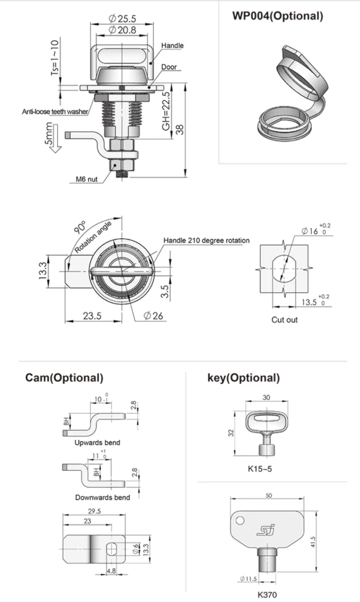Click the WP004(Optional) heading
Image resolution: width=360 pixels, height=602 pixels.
[278, 16]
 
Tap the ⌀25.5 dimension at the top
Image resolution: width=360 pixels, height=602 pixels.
[122, 18]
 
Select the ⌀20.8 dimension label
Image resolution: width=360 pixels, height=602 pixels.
[122, 29]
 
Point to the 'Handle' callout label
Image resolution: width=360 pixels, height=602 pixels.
[172, 45]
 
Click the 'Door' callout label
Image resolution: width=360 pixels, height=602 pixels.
[169, 67]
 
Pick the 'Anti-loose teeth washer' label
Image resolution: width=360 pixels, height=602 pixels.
[55, 112]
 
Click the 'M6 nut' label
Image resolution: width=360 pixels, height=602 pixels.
[86, 179]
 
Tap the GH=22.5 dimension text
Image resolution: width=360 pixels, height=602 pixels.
[166, 111]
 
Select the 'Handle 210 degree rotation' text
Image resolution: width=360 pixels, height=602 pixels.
[206, 240]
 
